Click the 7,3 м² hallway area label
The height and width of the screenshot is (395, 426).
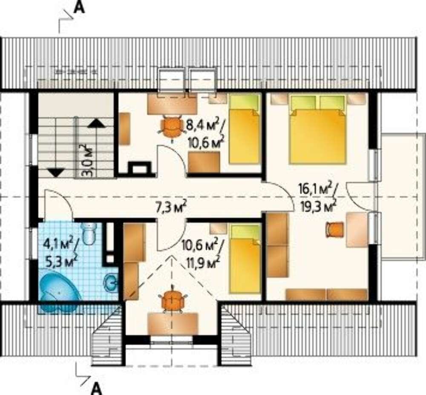click(x=171, y=208)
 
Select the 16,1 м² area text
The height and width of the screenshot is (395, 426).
click(x=316, y=188)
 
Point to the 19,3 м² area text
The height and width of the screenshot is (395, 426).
click(x=317, y=206)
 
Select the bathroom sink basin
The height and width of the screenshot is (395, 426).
click(x=111, y=283)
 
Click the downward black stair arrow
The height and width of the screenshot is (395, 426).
click(x=56, y=173)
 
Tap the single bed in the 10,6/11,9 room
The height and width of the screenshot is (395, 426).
click(x=245, y=259)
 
